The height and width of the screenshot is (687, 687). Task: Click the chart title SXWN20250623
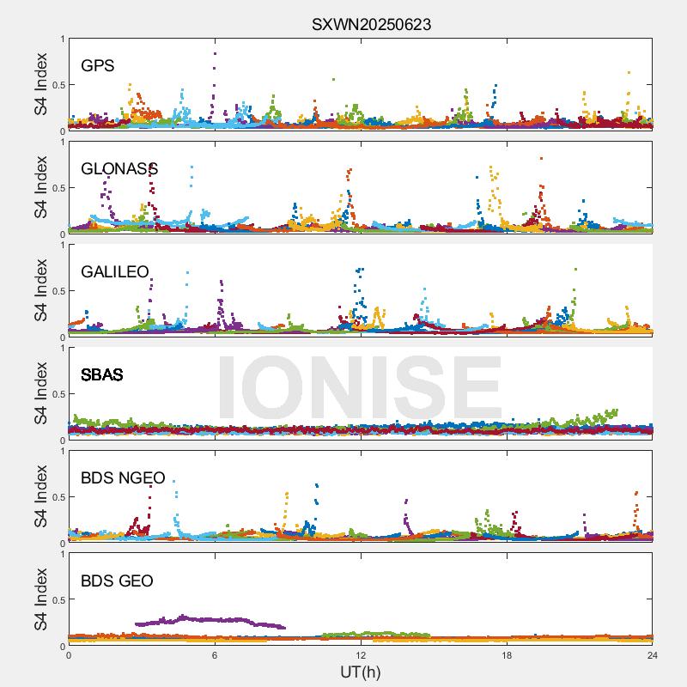coord(371,25)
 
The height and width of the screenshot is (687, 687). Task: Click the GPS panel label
coord(98,65)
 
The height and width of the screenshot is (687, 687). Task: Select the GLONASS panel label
coord(119,168)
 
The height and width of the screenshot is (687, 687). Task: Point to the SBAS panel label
coord(102,374)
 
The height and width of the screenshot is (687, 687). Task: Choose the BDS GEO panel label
coord(117,581)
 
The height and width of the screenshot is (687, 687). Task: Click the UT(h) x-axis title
coord(361,672)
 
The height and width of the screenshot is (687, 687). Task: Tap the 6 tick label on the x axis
coord(215,655)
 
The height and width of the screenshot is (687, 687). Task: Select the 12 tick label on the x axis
coord(361,655)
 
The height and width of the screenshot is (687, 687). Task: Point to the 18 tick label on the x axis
coord(507,655)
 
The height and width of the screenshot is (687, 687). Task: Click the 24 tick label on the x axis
coord(653,655)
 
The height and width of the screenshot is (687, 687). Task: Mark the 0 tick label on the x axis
coord(69,655)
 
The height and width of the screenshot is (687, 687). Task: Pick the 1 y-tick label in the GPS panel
coord(62,39)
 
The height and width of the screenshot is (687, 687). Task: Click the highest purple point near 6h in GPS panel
coord(215,53)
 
